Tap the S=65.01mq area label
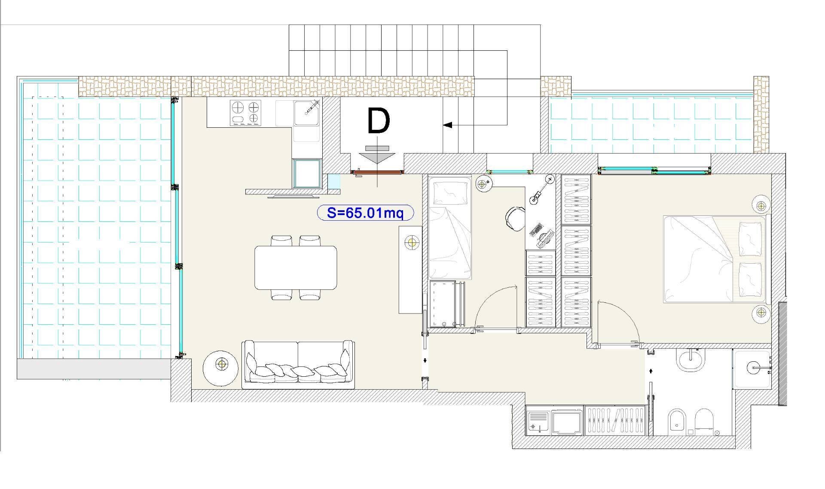point(365,212)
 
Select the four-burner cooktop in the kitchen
point(246,113)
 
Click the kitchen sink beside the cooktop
point(306,113)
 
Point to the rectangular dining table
point(296,267)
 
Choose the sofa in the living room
point(298,365)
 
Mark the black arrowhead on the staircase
point(447,125)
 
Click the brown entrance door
point(377,172)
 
